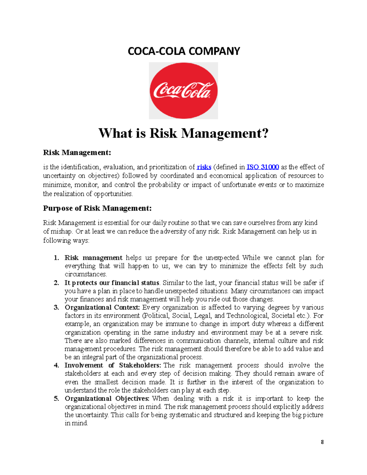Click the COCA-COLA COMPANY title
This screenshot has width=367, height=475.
(x=183, y=51)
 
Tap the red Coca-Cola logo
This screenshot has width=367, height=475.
(x=183, y=91)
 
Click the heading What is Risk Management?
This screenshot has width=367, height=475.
(x=183, y=133)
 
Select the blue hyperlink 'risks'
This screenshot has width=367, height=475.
(x=204, y=167)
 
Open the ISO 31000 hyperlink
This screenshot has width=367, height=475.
(x=262, y=167)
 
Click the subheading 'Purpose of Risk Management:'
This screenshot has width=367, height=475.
(x=97, y=208)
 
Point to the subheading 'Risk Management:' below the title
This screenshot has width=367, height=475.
(x=77, y=152)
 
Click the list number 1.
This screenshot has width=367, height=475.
(x=56, y=258)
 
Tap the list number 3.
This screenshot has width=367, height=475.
(x=56, y=307)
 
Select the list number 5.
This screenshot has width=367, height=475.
(x=56, y=399)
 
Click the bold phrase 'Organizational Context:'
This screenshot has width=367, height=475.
(x=102, y=307)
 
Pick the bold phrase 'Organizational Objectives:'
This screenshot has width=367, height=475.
(x=107, y=399)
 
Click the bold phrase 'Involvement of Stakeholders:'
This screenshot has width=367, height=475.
(x=113, y=365)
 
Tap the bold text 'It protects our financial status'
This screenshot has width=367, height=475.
(x=112, y=283)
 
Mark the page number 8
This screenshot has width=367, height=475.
(x=322, y=442)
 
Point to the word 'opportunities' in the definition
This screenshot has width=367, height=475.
(x=113, y=194)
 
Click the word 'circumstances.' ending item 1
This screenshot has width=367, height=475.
(x=86, y=274)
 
